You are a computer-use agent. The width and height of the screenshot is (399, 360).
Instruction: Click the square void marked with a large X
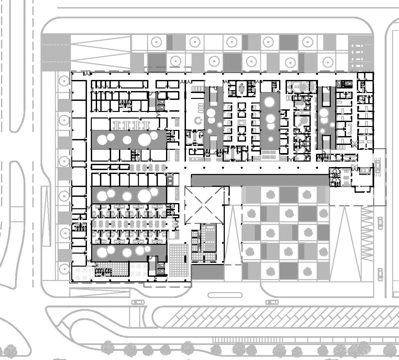[x=204, y=205]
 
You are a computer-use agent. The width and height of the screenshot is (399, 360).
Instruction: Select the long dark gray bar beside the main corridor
[x=260, y=180]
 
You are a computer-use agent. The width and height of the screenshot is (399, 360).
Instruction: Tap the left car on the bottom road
[x=138, y=302]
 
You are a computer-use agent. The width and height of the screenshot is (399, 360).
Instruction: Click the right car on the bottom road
[x=272, y=302]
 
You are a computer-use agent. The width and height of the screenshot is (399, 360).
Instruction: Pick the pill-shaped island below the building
[x=225, y=295]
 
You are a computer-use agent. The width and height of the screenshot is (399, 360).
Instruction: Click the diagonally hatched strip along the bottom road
[x=278, y=317]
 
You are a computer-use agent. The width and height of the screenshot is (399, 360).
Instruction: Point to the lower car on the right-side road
[x=380, y=274]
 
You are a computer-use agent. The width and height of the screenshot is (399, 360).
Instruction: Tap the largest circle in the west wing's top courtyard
[x=144, y=140]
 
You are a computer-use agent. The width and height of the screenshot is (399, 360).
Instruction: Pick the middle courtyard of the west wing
[x=129, y=195]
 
